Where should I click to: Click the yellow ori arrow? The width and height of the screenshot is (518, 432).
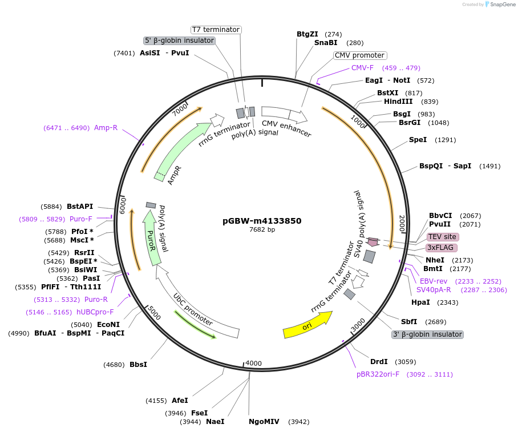307,326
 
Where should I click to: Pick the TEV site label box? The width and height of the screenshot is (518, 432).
443,237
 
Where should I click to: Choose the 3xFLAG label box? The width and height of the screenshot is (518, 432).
442,248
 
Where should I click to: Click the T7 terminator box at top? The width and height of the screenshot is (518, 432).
216,30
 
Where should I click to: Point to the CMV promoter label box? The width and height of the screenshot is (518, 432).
359,55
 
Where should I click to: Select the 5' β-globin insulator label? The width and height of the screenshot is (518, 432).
179,41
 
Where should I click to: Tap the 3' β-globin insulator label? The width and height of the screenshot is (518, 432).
427,334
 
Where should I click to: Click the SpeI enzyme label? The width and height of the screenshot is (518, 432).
418,140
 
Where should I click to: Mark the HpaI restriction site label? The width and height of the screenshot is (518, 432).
420,302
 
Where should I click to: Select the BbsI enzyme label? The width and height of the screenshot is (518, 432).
138,365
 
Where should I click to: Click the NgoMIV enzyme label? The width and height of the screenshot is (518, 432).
264,422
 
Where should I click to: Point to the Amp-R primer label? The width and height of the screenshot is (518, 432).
106,128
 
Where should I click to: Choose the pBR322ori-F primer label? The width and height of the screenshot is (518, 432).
378,374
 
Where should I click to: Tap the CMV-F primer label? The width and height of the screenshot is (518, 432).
362,68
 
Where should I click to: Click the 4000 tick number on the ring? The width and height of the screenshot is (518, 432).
253,364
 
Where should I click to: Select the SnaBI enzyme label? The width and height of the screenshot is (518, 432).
326,43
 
